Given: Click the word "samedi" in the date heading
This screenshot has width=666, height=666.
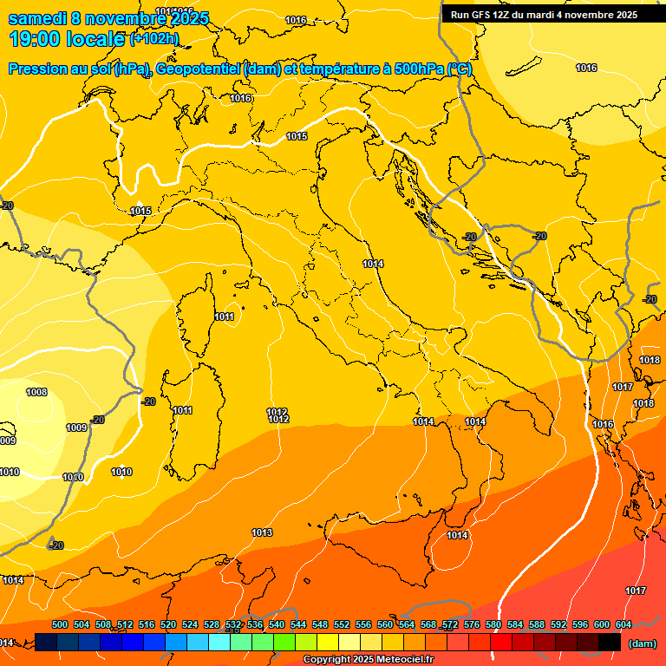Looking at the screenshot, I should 38,18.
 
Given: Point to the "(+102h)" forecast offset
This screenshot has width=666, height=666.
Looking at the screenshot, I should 154,38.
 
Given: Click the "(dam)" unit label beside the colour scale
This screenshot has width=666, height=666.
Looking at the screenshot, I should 641,643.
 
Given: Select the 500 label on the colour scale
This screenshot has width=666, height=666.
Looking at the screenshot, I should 60,625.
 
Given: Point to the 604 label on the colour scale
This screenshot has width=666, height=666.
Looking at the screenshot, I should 623,625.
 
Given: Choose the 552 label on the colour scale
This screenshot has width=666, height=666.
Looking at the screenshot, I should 342,625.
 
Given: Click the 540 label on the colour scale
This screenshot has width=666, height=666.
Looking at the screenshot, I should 277,625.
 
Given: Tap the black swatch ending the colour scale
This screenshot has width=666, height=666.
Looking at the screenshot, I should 610,642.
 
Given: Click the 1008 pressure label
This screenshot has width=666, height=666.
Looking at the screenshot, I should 36,393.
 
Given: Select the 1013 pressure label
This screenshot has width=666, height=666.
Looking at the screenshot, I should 262,532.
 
